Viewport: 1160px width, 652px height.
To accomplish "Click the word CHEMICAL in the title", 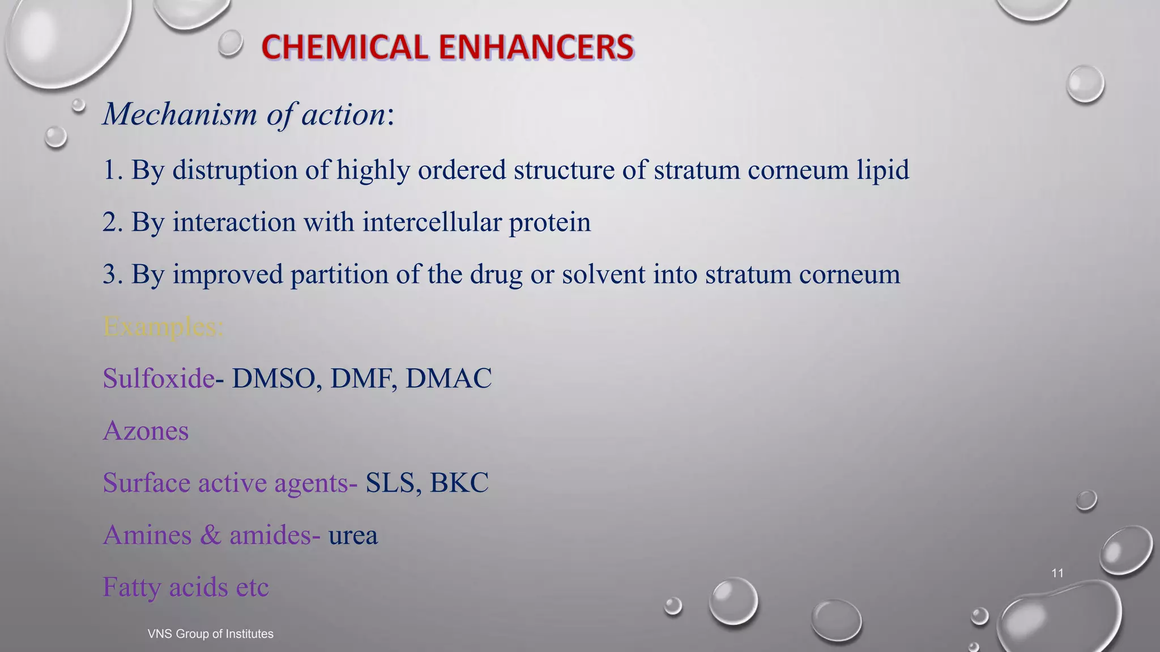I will pyautogui.click(x=344, y=47).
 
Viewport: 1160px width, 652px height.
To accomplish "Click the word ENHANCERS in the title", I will pyautogui.click(x=536, y=47).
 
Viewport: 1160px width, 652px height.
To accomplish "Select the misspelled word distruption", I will pyautogui.click(x=235, y=170).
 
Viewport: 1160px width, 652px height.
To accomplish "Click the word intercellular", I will pyautogui.click(x=432, y=222).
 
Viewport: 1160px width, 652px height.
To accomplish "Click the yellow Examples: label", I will pyautogui.click(x=163, y=327).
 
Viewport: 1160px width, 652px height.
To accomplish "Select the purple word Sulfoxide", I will pyautogui.click(x=159, y=378).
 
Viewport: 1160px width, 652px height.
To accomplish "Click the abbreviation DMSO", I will pyautogui.click(x=274, y=378).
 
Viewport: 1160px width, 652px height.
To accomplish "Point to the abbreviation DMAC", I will pyautogui.click(x=449, y=378).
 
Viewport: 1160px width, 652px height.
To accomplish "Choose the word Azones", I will pyautogui.click(x=146, y=431).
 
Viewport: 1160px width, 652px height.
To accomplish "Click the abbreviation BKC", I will pyautogui.click(x=459, y=483).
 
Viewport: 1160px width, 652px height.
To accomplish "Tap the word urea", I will pyautogui.click(x=353, y=535).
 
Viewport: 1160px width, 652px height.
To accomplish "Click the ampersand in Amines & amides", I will pyautogui.click(x=210, y=535).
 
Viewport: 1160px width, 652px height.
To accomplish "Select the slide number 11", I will pyautogui.click(x=1057, y=573).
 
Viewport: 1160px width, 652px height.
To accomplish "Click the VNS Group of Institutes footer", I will pyautogui.click(x=210, y=634).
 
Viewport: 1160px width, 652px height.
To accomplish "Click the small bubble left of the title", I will pyautogui.click(x=231, y=43).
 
